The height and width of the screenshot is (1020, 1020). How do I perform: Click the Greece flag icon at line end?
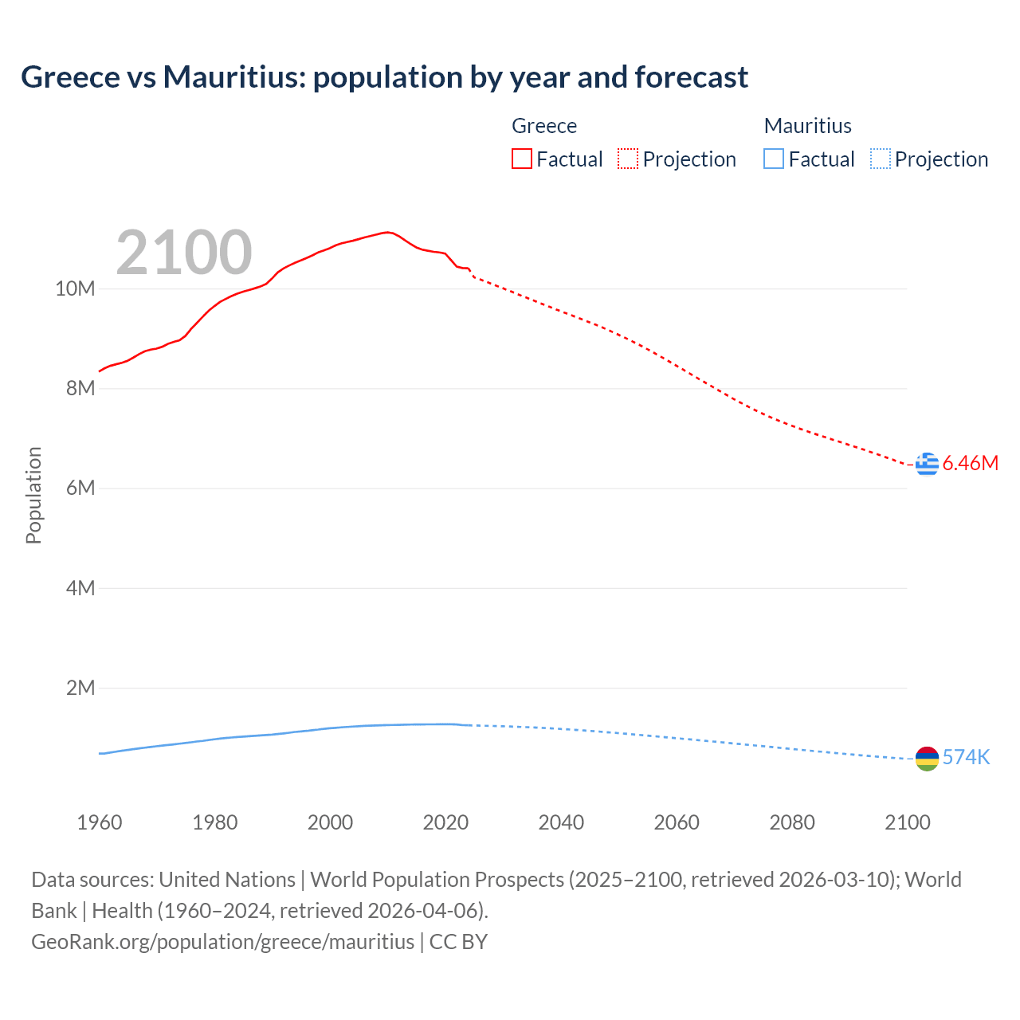click(x=927, y=463)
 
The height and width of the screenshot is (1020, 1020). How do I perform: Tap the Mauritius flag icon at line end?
click(x=927, y=759)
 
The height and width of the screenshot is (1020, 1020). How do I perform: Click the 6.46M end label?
click(x=970, y=463)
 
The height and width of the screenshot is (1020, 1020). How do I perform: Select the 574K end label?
click(x=966, y=757)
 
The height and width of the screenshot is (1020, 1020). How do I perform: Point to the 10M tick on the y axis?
click(x=75, y=288)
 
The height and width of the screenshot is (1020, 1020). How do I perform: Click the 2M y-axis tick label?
click(x=80, y=688)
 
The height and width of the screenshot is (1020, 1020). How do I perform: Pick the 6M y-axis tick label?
click(x=80, y=488)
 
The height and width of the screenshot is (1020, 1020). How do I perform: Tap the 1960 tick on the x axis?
click(x=100, y=822)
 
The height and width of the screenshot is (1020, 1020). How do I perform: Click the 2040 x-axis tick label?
click(x=561, y=822)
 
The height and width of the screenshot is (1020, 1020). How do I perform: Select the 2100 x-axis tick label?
click(x=907, y=822)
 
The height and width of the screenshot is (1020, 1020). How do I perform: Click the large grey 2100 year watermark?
click(x=184, y=253)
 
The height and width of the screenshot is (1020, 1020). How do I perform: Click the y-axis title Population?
click(x=33, y=495)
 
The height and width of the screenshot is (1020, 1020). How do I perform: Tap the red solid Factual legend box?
click(x=522, y=159)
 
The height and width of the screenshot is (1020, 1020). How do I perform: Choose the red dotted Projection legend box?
click(x=628, y=159)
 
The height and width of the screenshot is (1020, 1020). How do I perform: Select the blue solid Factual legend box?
click(x=774, y=159)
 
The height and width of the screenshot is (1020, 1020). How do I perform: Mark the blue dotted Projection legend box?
click(x=880, y=159)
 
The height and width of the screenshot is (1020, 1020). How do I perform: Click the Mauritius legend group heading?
click(x=807, y=126)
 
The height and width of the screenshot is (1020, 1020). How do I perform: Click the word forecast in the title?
click(x=691, y=77)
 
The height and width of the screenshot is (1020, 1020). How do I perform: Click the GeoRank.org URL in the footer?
click(x=223, y=941)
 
